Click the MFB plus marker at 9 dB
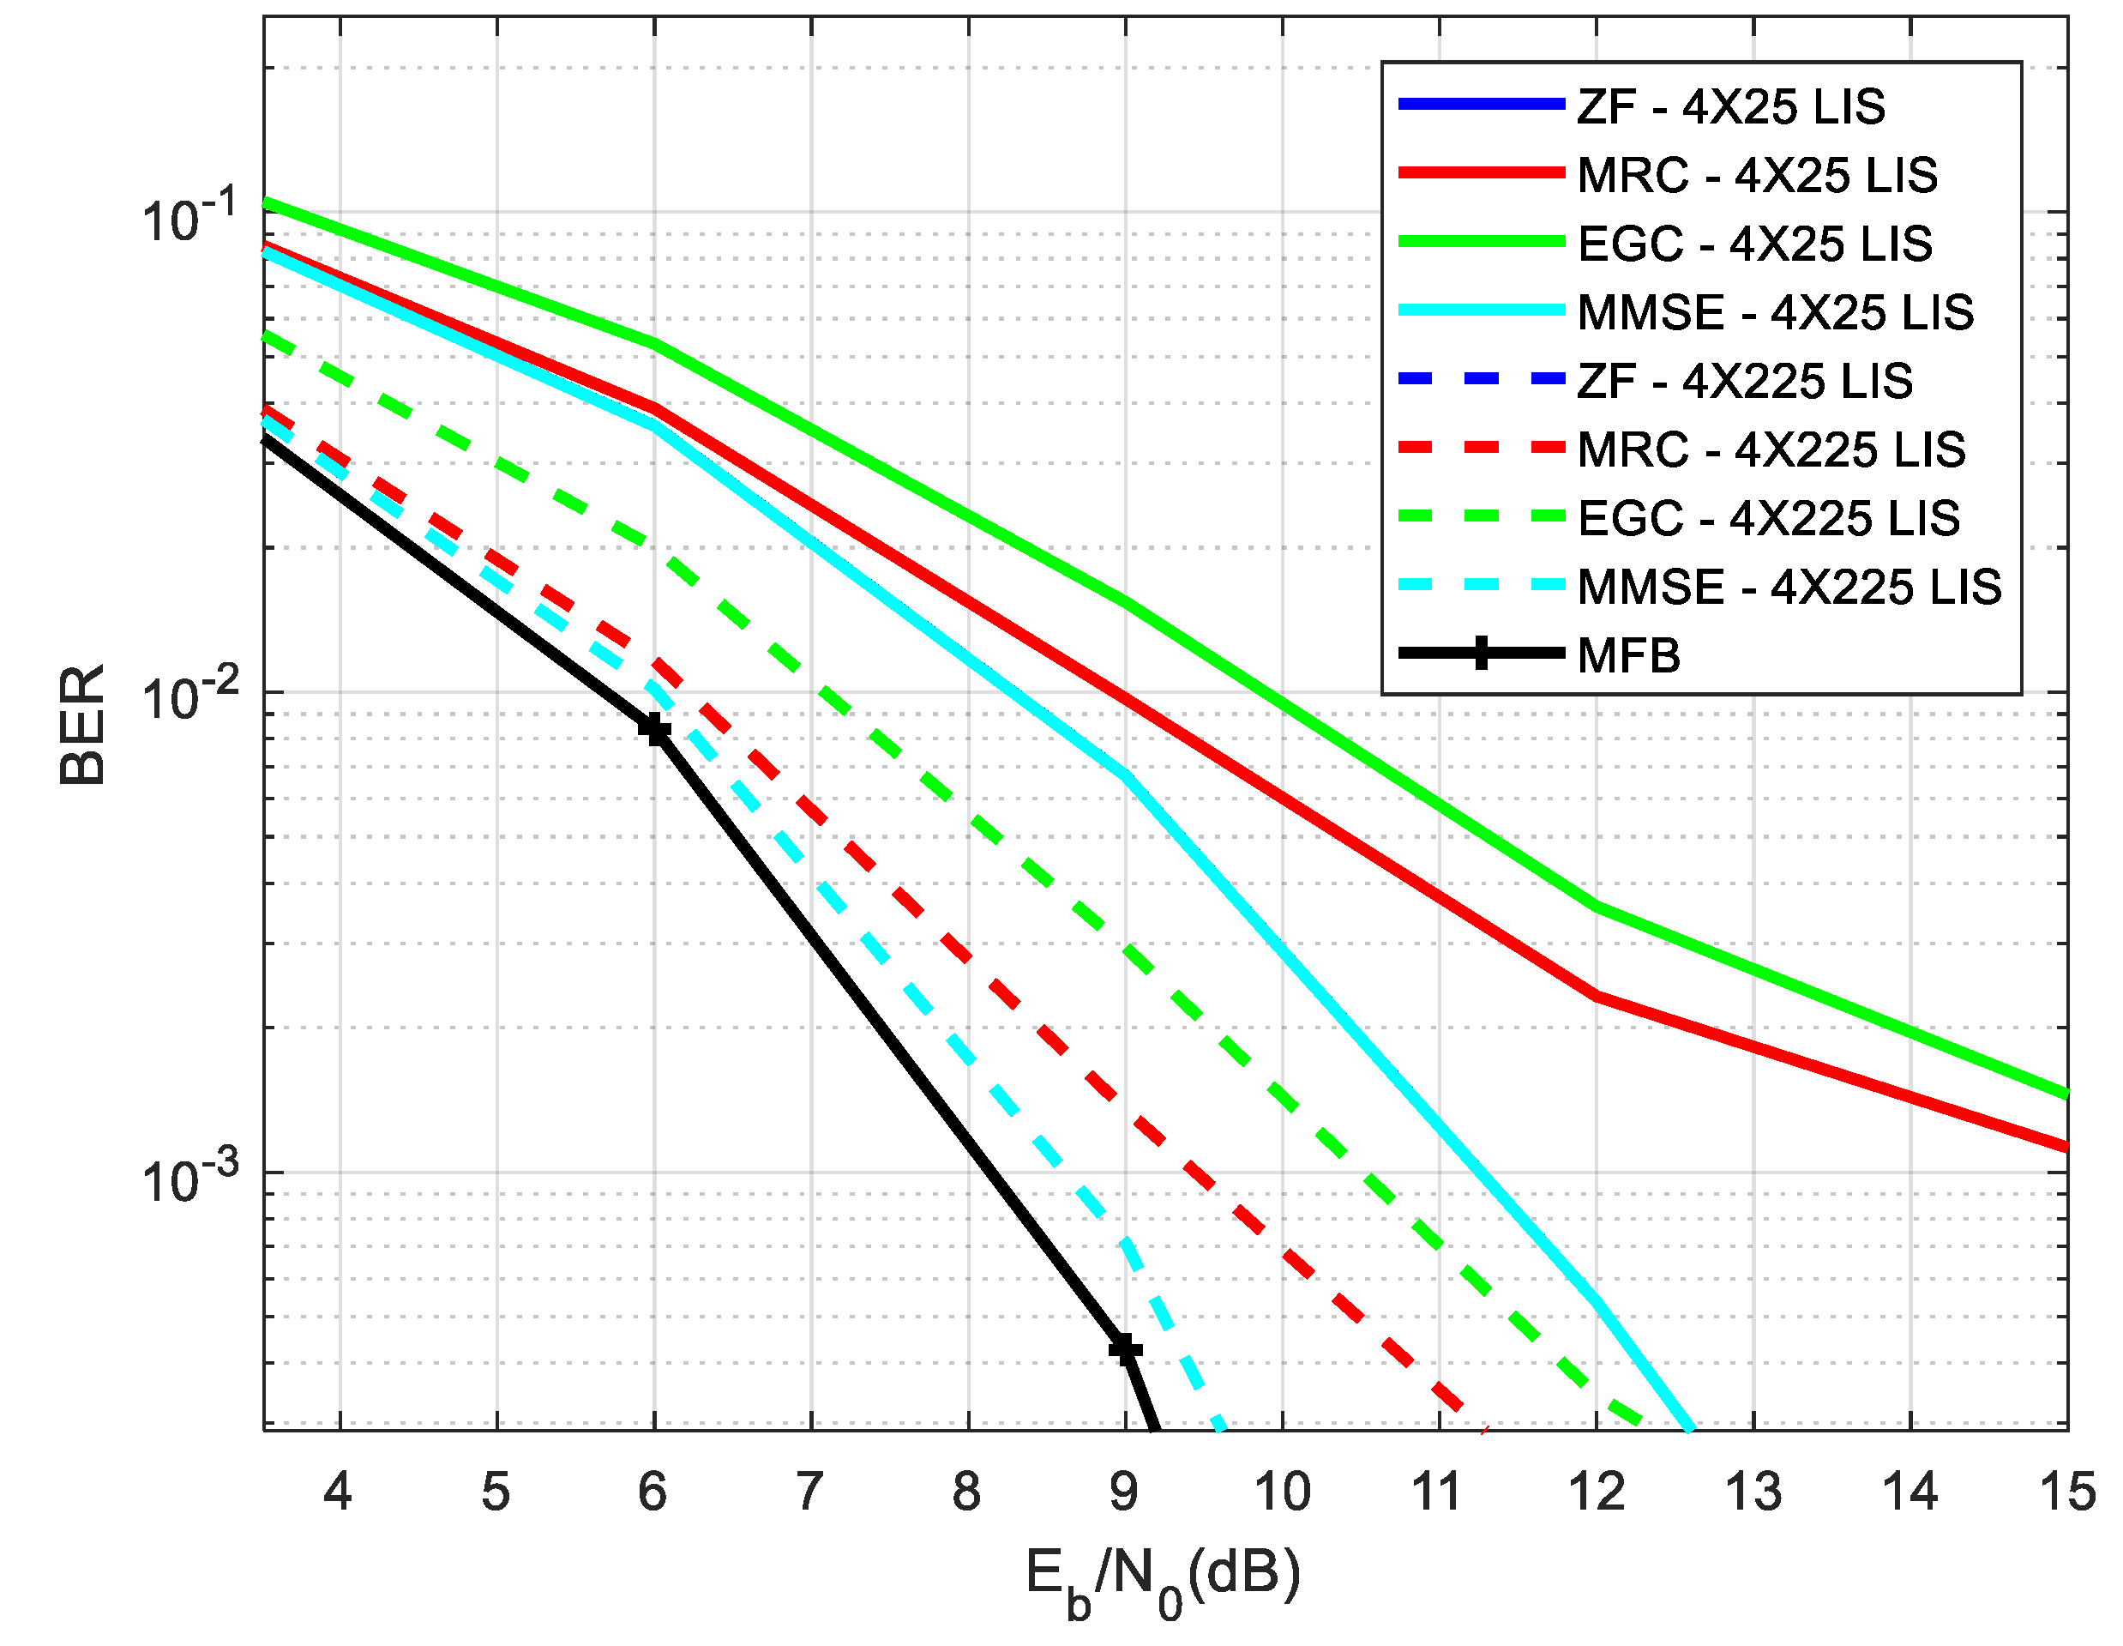coord(1126,1349)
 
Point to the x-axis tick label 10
coord(1282,1492)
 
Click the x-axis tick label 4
coord(339,1492)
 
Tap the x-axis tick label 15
coord(2066,1492)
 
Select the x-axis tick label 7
coord(809,1492)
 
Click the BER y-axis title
coord(82,724)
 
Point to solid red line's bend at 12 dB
coord(1597,996)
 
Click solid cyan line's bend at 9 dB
coord(1126,775)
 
